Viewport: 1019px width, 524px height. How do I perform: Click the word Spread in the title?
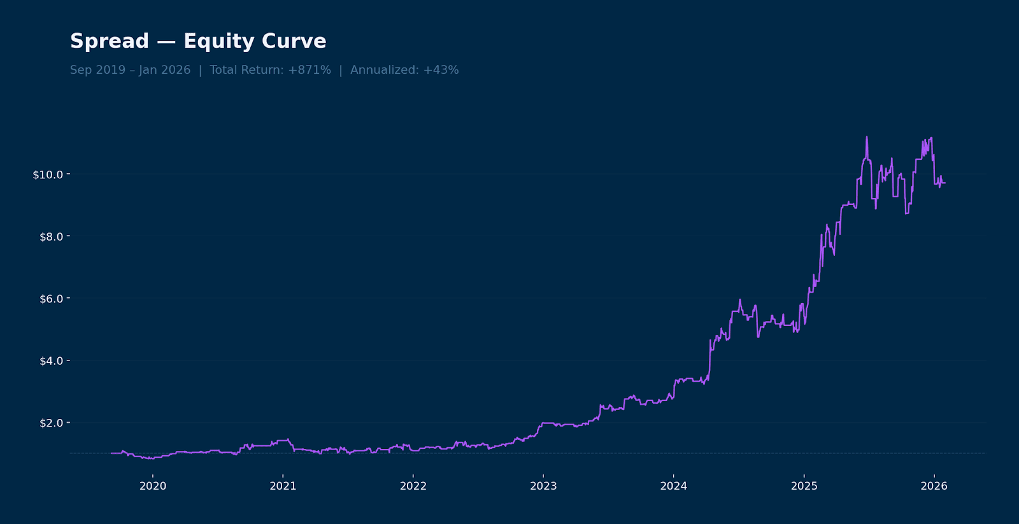pyautogui.click(x=109, y=41)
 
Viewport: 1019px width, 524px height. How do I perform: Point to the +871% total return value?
pyautogui.click(x=310, y=70)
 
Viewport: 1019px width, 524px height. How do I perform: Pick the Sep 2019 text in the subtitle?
pyautogui.click(x=97, y=70)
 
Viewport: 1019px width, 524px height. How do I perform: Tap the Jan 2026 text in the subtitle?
pyautogui.click(x=165, y=70)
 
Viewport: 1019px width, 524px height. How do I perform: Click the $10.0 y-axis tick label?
pyautogui.click(x=48, y=174)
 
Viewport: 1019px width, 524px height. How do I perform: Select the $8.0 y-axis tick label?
pyautogui.click(x=50, y=237)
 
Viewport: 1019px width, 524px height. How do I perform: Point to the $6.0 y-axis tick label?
pyautogui.click(x=50, y=299)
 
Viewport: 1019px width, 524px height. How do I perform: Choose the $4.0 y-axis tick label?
pyautogui.click(x=50, y=361)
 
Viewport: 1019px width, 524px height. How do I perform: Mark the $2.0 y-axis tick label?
pyautogui.click(x=50, y=423)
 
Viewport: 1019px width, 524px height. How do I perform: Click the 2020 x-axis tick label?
pyautogui.click(x=153, y=486)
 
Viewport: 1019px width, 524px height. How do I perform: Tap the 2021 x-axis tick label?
pyautogui.click(x=283, y=486)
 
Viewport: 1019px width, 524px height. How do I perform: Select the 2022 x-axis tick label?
pyautogui.click(x=413, y=486)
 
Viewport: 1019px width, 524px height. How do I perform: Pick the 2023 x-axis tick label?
pyautogui.click(x=543, y=486)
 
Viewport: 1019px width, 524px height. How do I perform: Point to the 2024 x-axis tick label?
pyautogui.click(x=673, y=486)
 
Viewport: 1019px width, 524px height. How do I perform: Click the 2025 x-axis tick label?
pyautogui.click(x=804, y=486)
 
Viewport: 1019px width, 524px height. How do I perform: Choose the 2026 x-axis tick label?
pyautogui.click(x=934, y=486)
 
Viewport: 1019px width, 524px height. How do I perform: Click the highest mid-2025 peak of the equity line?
pyautogui.click(x=867, y=138)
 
